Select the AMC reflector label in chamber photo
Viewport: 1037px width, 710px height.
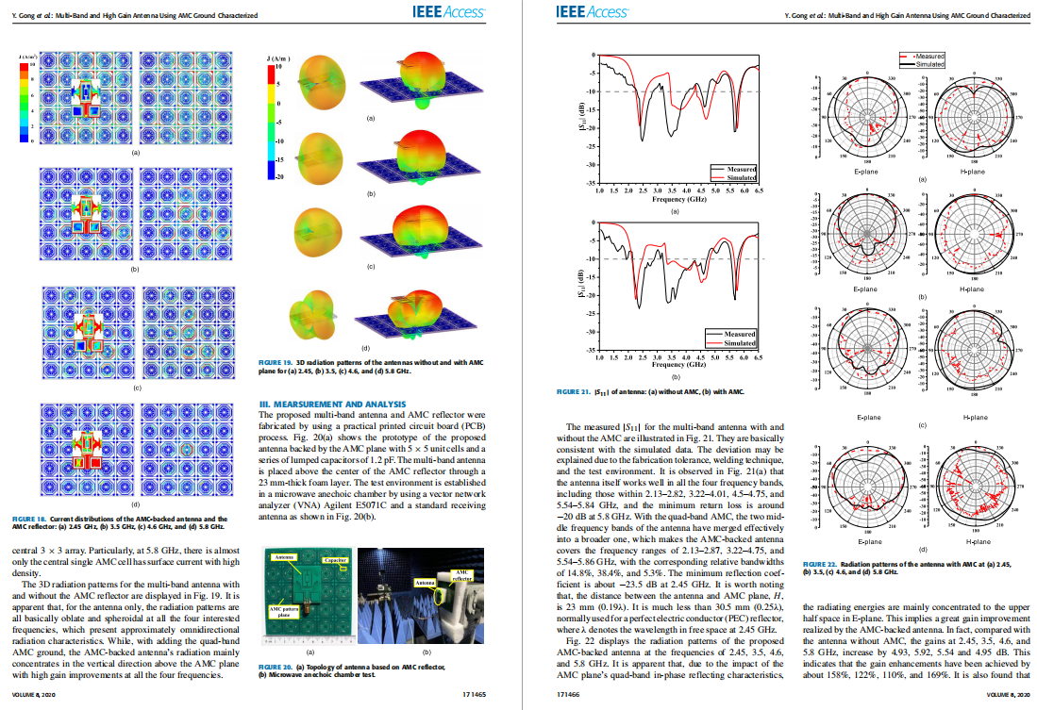coord(463,575)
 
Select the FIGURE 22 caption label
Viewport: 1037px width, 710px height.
coord(820,564)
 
